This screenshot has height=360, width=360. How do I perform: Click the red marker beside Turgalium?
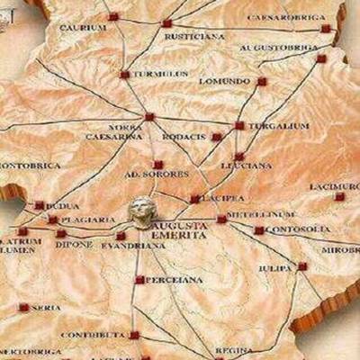[x=239, y=126]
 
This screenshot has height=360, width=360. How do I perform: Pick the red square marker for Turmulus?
[x=125, y=74]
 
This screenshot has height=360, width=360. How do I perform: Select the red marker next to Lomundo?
[x=262, y=81]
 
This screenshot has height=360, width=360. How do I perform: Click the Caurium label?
[x=83, y=27]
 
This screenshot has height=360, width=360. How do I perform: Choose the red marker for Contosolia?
[x=259, y=230]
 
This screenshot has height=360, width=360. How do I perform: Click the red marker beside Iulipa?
[x=302, y=265]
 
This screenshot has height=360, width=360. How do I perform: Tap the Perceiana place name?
[x=170, y=280]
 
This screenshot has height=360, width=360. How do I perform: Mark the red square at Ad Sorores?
[x=158, y=165]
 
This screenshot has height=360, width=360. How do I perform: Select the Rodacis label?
[x=184, y=137]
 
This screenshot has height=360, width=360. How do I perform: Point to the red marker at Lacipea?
[x=195, y=199]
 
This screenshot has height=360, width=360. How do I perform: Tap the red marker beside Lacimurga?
[x=339, y=196]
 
